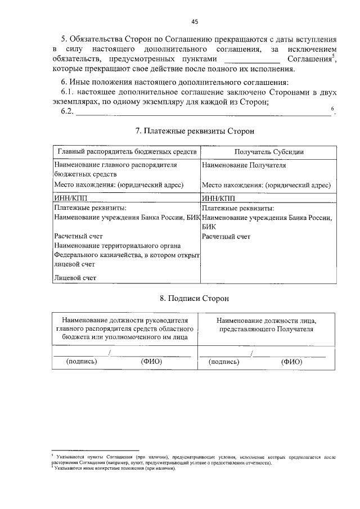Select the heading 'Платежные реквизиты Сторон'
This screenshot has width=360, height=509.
195,131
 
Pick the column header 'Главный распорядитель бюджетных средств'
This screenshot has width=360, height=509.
127,152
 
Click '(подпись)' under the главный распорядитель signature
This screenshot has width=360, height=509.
82,362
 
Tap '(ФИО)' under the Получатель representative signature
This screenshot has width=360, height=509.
291,362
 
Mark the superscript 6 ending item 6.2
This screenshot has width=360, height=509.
333,108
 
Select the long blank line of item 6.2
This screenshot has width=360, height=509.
202,114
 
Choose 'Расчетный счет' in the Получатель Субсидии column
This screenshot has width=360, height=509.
226,237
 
